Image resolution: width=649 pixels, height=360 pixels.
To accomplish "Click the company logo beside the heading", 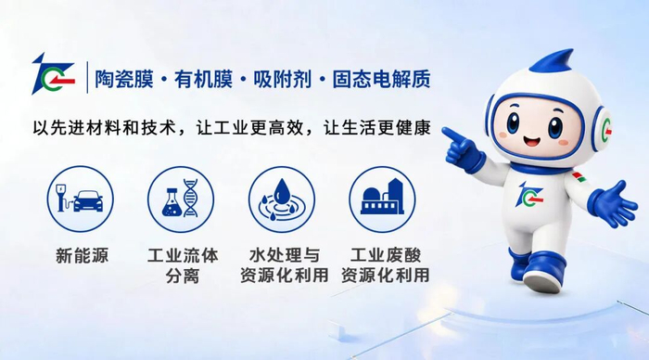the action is [53, 74].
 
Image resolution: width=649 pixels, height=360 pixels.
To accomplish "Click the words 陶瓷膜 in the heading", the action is [124, 79].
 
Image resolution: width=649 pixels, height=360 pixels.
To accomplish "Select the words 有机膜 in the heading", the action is [203, 79].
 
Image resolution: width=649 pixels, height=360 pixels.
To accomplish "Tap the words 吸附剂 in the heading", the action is [282, 79].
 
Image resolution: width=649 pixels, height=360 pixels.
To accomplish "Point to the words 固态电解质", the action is [381, 79].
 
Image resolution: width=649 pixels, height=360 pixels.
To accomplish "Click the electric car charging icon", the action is [81, 199].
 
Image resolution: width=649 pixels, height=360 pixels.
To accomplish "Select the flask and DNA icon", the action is [181, 199].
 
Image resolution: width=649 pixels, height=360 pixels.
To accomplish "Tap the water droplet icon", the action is [282, 199].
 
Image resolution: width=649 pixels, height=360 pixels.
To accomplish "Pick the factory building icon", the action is [382, 199].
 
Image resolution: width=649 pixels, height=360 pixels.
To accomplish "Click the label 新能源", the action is [82, 255].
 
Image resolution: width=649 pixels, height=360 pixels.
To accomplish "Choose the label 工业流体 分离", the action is [183, 265].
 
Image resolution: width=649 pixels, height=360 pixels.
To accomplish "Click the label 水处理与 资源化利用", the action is [285, 265].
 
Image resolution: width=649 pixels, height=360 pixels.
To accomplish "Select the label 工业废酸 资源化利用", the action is [386, 265].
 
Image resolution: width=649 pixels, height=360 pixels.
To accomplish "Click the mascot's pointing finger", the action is [452, 135].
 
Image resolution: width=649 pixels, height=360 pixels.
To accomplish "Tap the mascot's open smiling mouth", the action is [532, 140].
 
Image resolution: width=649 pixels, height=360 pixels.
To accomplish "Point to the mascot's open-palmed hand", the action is [614, 204].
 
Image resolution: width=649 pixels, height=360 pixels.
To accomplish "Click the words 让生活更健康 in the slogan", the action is [377, 127].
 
